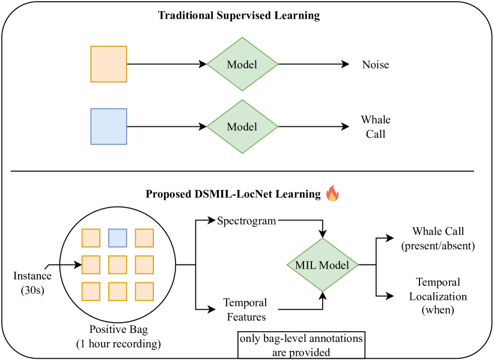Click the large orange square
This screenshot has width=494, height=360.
point(109,64)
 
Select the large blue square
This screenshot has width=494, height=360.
point(109,126)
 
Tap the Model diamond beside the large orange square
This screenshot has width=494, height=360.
point(242,64)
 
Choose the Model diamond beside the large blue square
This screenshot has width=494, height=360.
point(242,127)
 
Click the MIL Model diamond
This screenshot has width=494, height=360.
point(322,265)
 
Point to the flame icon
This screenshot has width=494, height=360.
point(332,193)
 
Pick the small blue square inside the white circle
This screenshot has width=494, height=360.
point(118,238)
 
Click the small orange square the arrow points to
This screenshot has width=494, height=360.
point(91,264)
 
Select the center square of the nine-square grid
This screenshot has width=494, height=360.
point(118,264)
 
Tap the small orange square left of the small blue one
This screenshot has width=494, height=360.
point(91,238)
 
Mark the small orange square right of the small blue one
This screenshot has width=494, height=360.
point(144,238)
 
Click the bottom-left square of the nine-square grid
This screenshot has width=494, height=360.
point(91,291)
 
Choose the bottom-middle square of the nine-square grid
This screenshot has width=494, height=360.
point(118,291)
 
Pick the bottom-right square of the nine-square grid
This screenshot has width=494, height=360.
point(144,291)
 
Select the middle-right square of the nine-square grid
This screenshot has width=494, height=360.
point(144,264)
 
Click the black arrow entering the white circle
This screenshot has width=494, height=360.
point(71,264)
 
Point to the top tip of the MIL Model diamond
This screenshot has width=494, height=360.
point(322,239)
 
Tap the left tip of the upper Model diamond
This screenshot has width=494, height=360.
point(208,64)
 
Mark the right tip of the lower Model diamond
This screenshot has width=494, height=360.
point(277,127)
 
